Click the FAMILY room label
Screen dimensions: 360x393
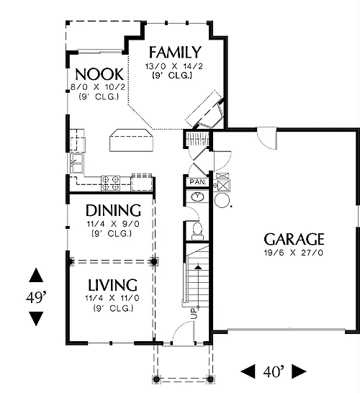(x=175, y=52)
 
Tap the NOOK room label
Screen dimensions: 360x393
(x=99, y=74)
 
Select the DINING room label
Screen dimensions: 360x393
(x=113, y=210)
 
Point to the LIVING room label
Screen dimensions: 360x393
(x=112, y=285)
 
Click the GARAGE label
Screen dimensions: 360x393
(x=294, y=239)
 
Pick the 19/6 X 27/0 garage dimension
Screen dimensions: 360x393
(x=294, y=253)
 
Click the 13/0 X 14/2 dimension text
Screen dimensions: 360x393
(x=174, y=66)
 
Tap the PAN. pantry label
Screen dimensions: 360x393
(x=198, y=182)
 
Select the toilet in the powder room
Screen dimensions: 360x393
(x=197, y=230)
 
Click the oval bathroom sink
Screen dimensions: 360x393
(x=198, y=196)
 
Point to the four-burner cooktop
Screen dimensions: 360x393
(x=110, y=183)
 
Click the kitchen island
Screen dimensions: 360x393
(x=131, y=140)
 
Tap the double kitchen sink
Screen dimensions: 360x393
(x=77, y=163)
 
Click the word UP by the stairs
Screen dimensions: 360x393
(x=194, y=314)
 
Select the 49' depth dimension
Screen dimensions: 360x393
(x=36, y=297)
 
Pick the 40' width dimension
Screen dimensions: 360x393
(x=274, y=371)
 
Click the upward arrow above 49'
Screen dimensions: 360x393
(x=36, y=275)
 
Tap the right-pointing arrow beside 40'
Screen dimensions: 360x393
(x=299, y=371)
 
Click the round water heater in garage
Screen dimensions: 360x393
(x=222, y=201)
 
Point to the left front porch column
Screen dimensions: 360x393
(x=156, y=379)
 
